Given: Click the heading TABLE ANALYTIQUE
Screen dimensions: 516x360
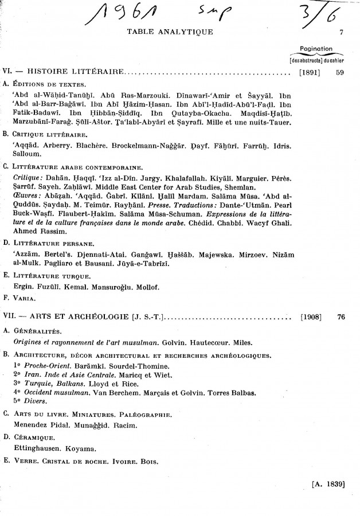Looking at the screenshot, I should point(170,32).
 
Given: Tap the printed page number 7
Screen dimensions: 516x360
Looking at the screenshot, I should point(341,32).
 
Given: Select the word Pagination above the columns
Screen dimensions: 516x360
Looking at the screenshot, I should point(316,49).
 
